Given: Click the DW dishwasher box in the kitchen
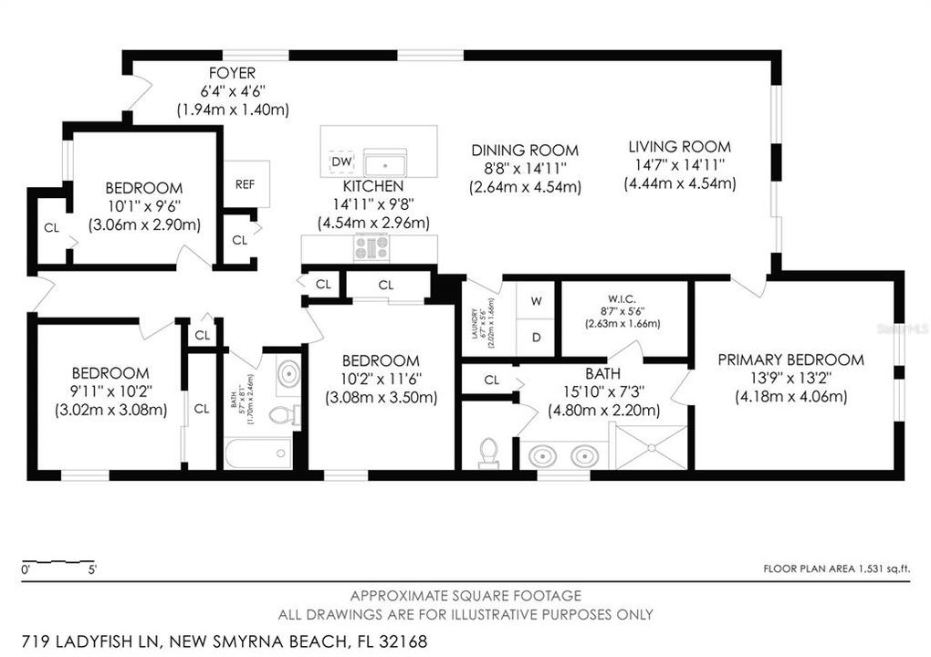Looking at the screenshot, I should [341, 162].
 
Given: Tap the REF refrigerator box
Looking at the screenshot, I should [246, 183].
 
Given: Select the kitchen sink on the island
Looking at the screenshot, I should [385, 164].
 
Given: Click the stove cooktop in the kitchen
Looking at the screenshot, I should [371, 247].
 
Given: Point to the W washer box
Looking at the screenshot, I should [536, 300].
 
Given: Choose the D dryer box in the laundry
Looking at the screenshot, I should [536, 338].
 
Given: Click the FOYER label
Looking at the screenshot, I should [233, 73].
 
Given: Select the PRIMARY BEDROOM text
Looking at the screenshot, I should [790, 360].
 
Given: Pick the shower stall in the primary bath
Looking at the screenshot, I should [652, 447].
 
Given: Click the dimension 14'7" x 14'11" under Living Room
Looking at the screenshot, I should [679, 165].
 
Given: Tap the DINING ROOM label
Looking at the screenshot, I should [525, 151].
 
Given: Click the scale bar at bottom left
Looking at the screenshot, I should [58, 560].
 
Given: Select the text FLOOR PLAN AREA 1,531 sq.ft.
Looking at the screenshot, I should [837, 568].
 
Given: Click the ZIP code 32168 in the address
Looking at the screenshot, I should [401, 641].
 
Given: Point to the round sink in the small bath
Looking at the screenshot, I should [288, 375].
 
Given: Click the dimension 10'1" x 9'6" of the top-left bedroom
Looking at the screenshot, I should [144, 206].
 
